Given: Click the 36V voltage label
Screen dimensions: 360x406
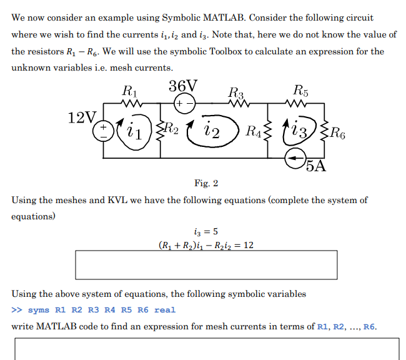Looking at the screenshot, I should [183, 86].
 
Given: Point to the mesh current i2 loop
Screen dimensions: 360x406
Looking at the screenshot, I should [211, 131].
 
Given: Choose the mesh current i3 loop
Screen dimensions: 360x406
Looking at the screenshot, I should [300, 131].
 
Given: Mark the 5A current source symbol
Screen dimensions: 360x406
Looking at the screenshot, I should [295, 161].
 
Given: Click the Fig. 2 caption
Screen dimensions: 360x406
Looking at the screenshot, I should [207, 184].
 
